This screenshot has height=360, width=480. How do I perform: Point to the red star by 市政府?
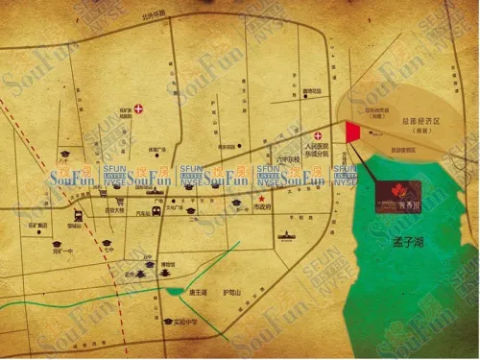tap(262, 199)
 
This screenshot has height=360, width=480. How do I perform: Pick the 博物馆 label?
tap(167, 264)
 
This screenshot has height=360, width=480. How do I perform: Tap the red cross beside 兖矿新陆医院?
tap(140, 108)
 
